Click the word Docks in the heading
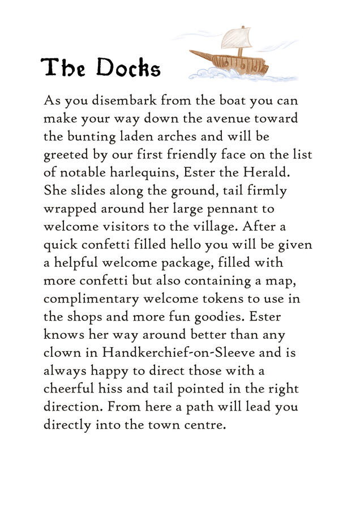click(x=128, y=68)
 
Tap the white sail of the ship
click(x=235, y=38)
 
